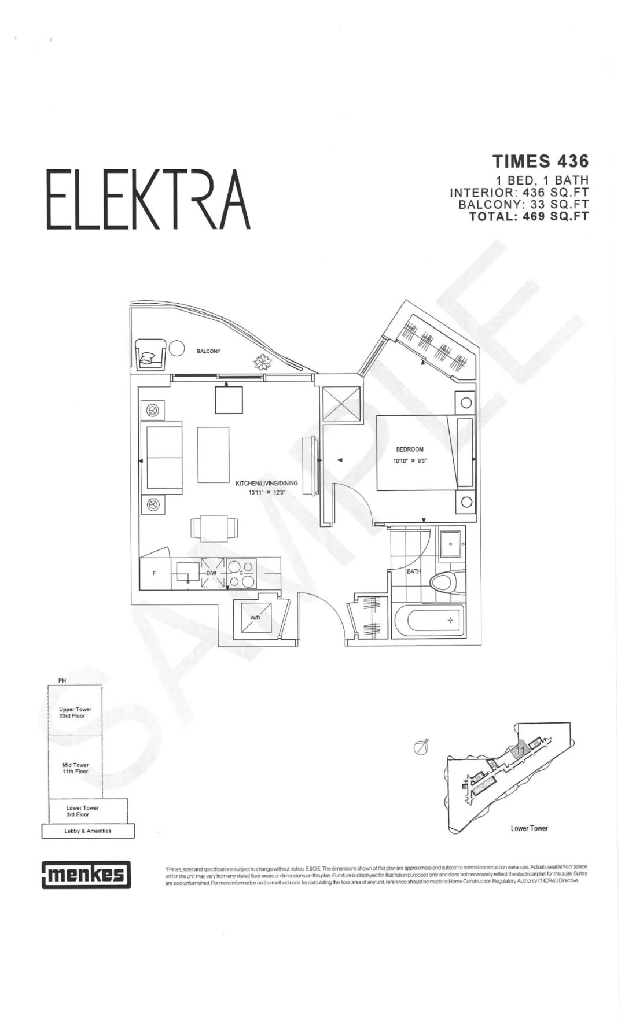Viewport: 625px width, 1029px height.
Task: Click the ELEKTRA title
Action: tap(148, 199)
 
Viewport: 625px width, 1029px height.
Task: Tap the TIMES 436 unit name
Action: tap(540, 161)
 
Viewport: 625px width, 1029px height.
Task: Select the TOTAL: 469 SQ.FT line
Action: tap(528, 217)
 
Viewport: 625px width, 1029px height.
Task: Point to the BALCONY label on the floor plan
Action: tap(208, 351)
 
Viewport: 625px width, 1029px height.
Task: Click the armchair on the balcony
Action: tap(150, 354)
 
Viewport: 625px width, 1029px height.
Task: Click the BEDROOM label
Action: tap(410, 449)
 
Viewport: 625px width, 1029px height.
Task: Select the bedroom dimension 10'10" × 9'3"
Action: tap(410, 462)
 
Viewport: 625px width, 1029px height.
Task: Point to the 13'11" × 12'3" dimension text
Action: tap(267, 493)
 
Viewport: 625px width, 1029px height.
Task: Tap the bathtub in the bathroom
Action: tap(429, 621)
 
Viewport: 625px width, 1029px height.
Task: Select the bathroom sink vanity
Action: tap(451, 544)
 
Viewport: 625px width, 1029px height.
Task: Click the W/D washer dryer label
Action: tap(255, 618)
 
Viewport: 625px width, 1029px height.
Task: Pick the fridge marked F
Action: tap(155, 573)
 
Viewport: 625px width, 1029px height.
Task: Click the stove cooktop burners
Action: tap(242, 573)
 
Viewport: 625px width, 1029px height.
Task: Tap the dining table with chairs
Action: tap(214, 528)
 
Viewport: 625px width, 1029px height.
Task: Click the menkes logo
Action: tap(86, 875)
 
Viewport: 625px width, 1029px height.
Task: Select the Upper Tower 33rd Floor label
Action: tap(75, 713)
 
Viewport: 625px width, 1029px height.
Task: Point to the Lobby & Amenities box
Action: tap(88, 831)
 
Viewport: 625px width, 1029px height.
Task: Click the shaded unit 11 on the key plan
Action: tap(519, 750)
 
